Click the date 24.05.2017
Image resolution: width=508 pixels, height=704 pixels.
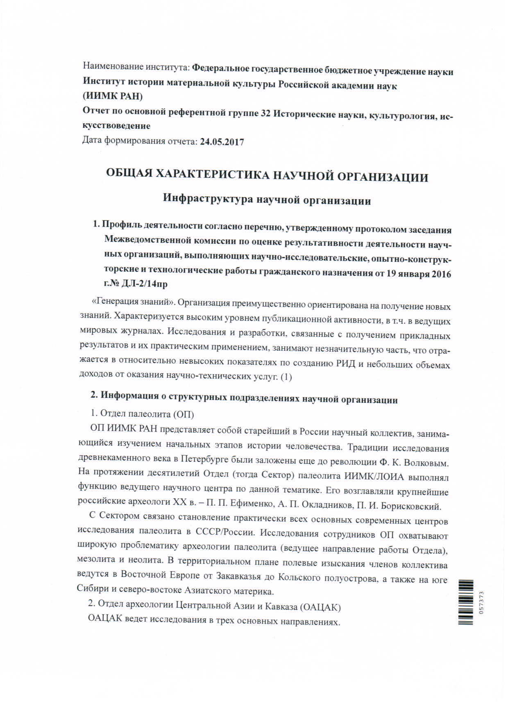(222, 142)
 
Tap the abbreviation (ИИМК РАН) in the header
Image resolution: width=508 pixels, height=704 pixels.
(113, 97)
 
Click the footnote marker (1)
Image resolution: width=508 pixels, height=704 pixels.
(286, 377)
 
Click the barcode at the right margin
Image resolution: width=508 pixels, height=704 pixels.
(467, 602)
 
